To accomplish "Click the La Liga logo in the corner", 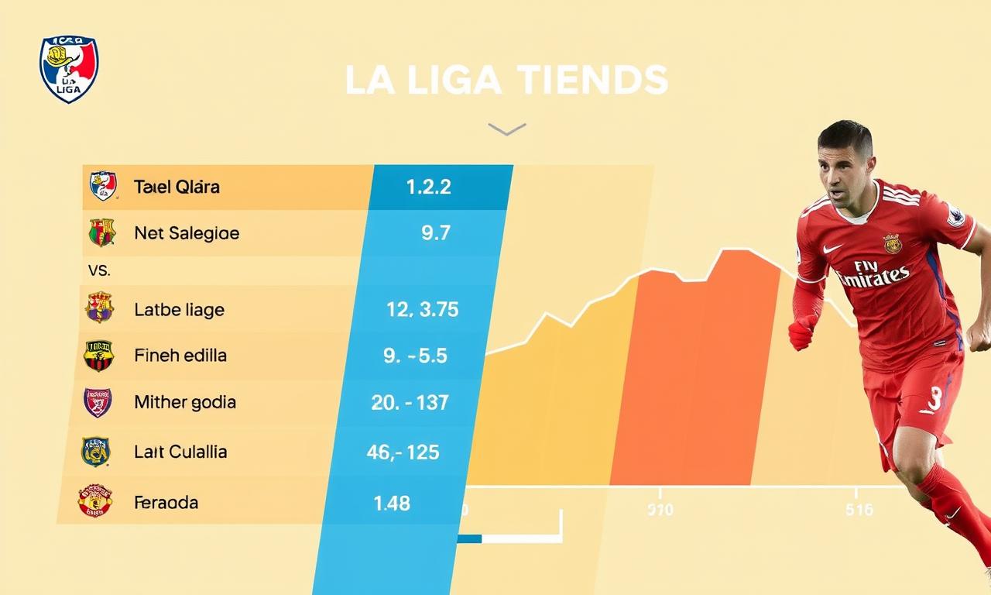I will point(69,70).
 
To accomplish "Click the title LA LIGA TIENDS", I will point(506,81).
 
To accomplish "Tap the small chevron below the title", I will point(506,129).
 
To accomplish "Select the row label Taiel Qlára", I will point(177,187).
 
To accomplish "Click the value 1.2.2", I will point(428,187).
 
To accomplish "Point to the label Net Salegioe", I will point(187,232).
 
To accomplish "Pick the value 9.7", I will point(436,232).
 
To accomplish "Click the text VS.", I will point(100,271).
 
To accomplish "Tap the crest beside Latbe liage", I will point(100,308).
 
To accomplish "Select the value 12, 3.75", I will point(422,310).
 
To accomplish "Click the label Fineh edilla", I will point(180,356).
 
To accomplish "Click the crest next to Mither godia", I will point(98,403).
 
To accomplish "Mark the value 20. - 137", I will point(410,402).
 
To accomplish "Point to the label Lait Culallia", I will point(180,452).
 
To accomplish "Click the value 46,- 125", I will point(403,452).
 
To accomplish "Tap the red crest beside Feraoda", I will point(94,501).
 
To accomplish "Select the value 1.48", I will point(392,503).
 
